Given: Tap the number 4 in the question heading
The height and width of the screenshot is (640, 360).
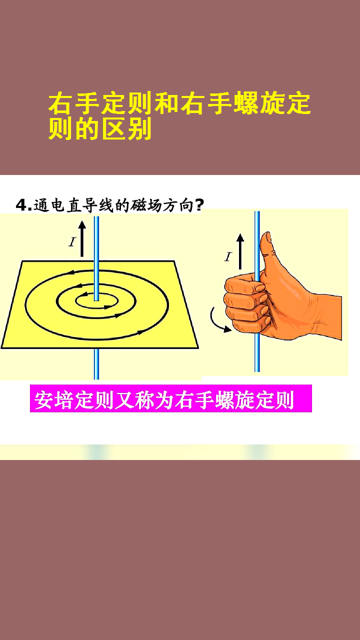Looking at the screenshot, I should [20, 205].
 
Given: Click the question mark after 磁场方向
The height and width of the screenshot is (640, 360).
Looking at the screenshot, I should [198, 205].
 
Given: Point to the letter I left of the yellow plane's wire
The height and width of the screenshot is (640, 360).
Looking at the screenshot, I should [72, 242].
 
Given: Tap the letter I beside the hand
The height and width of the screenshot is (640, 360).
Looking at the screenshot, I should [228, 257].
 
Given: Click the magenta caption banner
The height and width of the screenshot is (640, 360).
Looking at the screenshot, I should [170, 399].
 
